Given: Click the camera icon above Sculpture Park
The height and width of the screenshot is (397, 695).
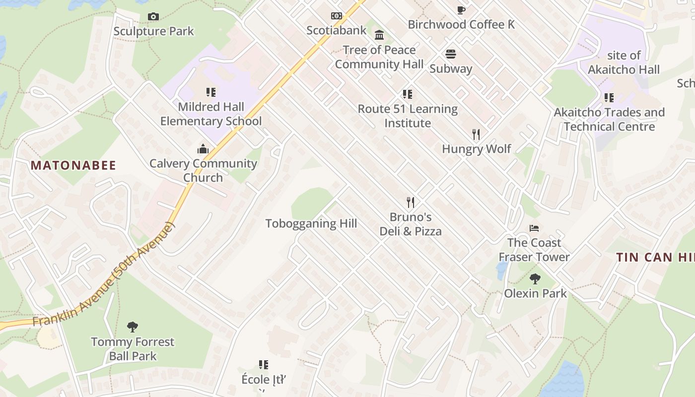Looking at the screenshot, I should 153,17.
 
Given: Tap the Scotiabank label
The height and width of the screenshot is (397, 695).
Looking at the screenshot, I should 336,30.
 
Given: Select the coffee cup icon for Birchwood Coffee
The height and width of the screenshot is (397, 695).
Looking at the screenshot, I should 461,10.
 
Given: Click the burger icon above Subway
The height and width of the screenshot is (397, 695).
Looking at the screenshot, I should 451,54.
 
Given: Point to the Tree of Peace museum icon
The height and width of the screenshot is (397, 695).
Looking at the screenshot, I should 380,35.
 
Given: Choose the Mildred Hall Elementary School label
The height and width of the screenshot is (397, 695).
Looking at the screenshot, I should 211,114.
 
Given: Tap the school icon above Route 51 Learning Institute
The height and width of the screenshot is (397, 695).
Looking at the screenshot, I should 408,94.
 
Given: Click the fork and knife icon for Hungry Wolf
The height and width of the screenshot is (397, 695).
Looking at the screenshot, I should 476,134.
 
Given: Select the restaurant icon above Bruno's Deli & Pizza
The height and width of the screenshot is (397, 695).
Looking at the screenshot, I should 411,202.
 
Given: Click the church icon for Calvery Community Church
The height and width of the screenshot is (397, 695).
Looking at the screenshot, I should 203,149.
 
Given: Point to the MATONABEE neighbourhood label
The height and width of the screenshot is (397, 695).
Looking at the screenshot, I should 73,166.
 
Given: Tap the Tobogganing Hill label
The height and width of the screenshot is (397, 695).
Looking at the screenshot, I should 311,223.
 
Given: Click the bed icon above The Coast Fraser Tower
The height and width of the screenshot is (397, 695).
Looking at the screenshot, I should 534,228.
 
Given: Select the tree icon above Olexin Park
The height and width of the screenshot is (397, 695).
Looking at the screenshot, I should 535,278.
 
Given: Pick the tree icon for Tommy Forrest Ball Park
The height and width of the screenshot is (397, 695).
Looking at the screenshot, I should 133,327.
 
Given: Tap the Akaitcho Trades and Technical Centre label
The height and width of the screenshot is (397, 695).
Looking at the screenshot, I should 609,120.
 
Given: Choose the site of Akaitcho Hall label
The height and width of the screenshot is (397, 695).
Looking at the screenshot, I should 624,63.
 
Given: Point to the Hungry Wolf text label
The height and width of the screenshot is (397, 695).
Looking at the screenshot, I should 476,149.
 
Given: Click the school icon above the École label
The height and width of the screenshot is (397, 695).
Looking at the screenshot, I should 264,365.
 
